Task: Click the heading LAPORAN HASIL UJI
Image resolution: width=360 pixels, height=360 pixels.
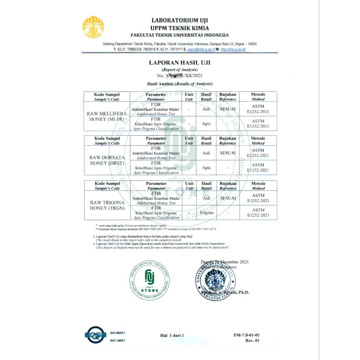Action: [180, 63]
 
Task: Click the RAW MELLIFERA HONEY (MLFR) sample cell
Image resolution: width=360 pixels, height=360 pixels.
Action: [107, 116]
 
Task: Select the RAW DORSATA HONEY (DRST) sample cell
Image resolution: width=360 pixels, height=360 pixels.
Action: [107, 160]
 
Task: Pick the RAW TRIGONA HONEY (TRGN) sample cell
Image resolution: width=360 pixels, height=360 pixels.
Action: [107, 205]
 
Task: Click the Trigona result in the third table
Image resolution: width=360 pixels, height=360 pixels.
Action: [206, 213]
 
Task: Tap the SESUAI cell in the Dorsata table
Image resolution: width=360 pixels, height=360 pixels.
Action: [228, 153]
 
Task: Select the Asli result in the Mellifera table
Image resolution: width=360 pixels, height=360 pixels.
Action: [206, 109]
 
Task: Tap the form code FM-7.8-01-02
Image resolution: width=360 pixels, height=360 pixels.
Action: [246, 335]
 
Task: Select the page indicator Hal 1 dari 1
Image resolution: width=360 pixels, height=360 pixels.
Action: [172, 335]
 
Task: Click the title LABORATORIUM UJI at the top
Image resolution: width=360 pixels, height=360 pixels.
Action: [180, 21]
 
